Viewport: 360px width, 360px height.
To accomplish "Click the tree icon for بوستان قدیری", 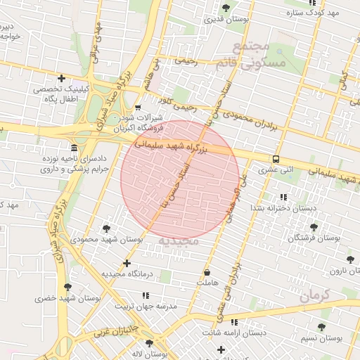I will coord(225,8).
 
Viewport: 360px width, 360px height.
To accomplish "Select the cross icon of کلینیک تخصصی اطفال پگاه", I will coord(62,78).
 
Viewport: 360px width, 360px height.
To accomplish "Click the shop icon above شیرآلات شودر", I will coord(139,108).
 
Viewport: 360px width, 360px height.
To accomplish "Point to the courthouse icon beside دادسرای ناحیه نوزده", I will coord(75,148).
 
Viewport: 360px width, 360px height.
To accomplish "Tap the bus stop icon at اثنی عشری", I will coord(276,159).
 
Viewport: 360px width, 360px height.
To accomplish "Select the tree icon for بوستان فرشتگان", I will coord(313,227).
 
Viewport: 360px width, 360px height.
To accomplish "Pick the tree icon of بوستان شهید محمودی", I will coord(106,229).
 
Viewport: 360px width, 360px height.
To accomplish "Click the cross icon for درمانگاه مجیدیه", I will coord(127,264).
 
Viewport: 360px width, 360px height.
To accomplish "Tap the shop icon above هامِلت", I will coord(207,272).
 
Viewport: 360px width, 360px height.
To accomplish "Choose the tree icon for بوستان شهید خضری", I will coord(67,287).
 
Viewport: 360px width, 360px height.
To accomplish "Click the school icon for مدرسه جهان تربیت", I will coord(146,296).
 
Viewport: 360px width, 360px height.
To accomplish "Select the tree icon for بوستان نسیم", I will coord(321,327).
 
